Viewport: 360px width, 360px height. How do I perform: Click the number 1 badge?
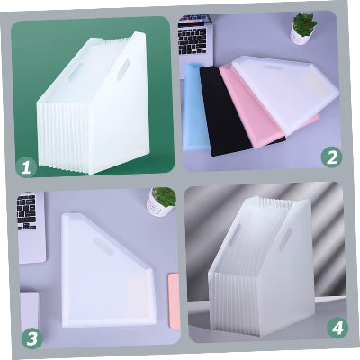pos(26,166)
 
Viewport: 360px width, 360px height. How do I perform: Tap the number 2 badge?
pos(334,157)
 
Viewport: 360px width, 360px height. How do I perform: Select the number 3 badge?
pos(32,337)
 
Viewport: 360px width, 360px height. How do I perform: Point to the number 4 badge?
pos(337,328)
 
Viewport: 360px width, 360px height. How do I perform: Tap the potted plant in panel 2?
pos(303,26)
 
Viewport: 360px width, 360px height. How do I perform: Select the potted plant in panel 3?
pos(161,200)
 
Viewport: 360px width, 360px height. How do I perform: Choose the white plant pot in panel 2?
pos(301,35)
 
